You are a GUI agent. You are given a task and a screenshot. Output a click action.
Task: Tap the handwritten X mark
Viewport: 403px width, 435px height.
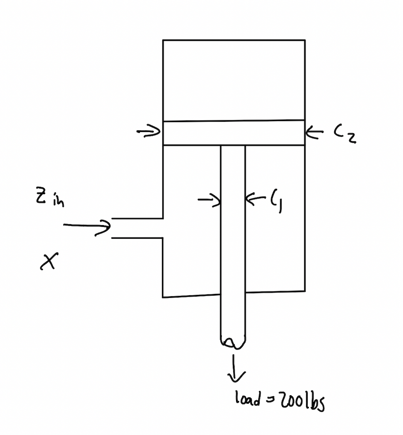point(49,261)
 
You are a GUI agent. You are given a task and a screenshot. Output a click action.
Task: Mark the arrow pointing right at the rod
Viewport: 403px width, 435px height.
point(209,201)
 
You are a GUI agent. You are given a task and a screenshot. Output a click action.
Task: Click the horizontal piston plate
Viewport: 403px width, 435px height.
point(233,133)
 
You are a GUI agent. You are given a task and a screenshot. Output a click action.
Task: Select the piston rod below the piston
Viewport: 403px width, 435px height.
point(233,237)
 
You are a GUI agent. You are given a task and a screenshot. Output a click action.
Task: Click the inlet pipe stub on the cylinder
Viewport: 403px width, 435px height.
point(137,228)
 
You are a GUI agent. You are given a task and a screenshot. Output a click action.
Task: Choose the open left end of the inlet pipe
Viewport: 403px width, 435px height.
point(112,228)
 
